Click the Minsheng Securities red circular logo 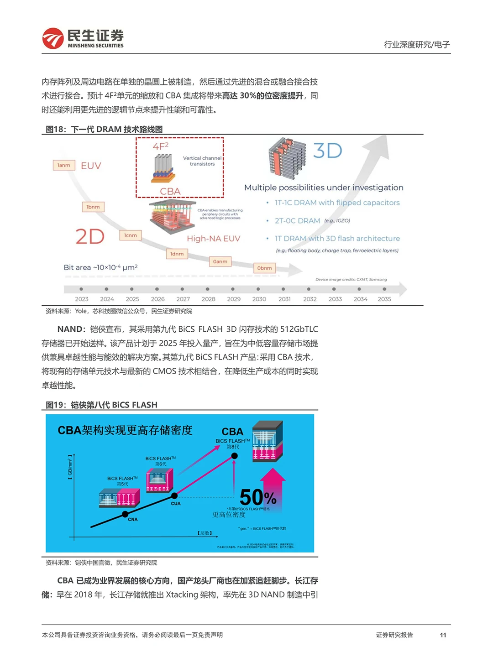(53, 38)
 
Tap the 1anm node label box (64, 165)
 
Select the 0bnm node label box (264, 268)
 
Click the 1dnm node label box (177, 254)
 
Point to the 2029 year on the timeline (234, 299)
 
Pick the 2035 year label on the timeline (384, 299)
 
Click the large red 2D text (90, 237)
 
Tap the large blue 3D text (327, 151)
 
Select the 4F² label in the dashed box (161, 146)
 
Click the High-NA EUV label (213, 239)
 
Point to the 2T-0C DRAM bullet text (297, 221)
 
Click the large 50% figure (258, 497)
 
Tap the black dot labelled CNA (125, 514)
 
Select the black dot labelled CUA (174, 495)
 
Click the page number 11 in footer (443, 635)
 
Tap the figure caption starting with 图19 (101, 405)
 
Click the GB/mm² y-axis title (70, 466)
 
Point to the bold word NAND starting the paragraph (71, 329)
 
